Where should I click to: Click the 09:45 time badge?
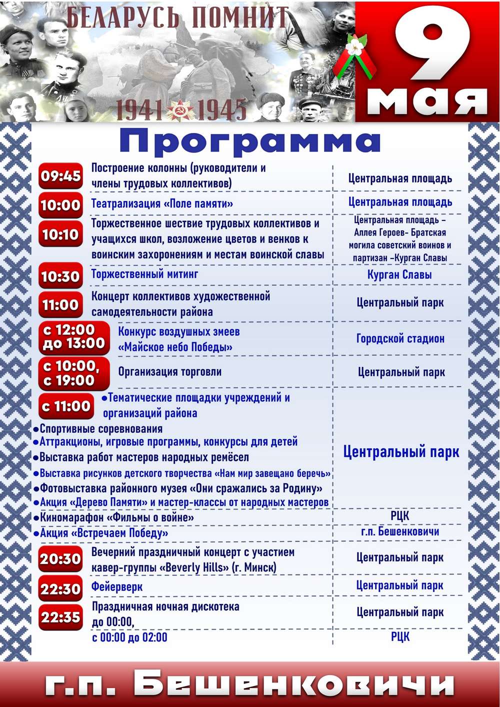pos(60,176)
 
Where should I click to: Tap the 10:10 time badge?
pos(60,234)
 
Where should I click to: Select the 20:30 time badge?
pos(60,559)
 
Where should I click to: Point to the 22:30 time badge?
pos(60,589)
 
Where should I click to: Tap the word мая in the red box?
pos(427,100)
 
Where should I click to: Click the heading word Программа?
pos(249,141)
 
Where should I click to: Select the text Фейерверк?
pos(117,586)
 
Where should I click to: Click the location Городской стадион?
pos(400,338)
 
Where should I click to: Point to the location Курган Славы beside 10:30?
pos(399,274)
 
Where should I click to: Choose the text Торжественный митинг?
pos(144,274)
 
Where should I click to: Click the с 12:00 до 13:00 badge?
pos(74,337)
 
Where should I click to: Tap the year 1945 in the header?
pos(222,110)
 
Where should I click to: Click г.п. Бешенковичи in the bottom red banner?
pos(249,684)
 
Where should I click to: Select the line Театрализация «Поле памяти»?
pos(162,203)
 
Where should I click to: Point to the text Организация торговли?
pos(169,371)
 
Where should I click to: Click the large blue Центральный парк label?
pos(401,452)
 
